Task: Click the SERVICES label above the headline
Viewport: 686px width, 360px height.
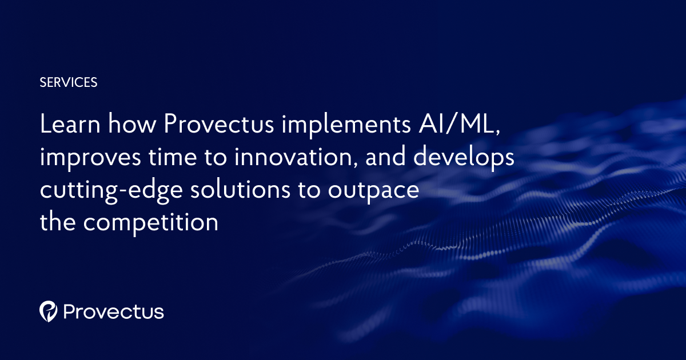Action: point(69,82)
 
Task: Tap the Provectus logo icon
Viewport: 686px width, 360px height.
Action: point(48,311)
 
